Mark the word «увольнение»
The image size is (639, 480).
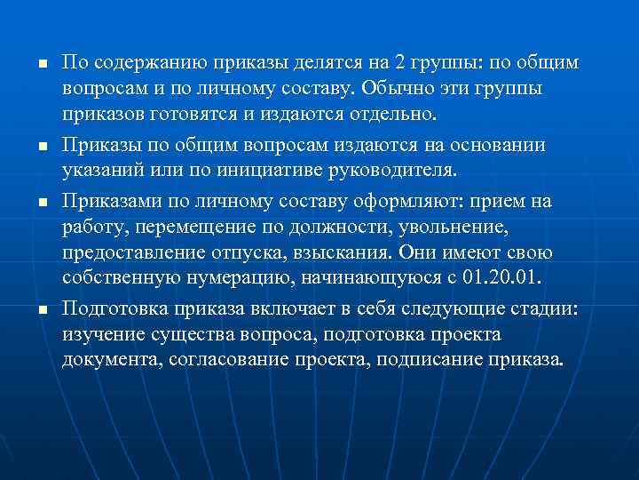455,227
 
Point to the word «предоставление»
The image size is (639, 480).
125,252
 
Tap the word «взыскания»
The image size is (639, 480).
341,252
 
